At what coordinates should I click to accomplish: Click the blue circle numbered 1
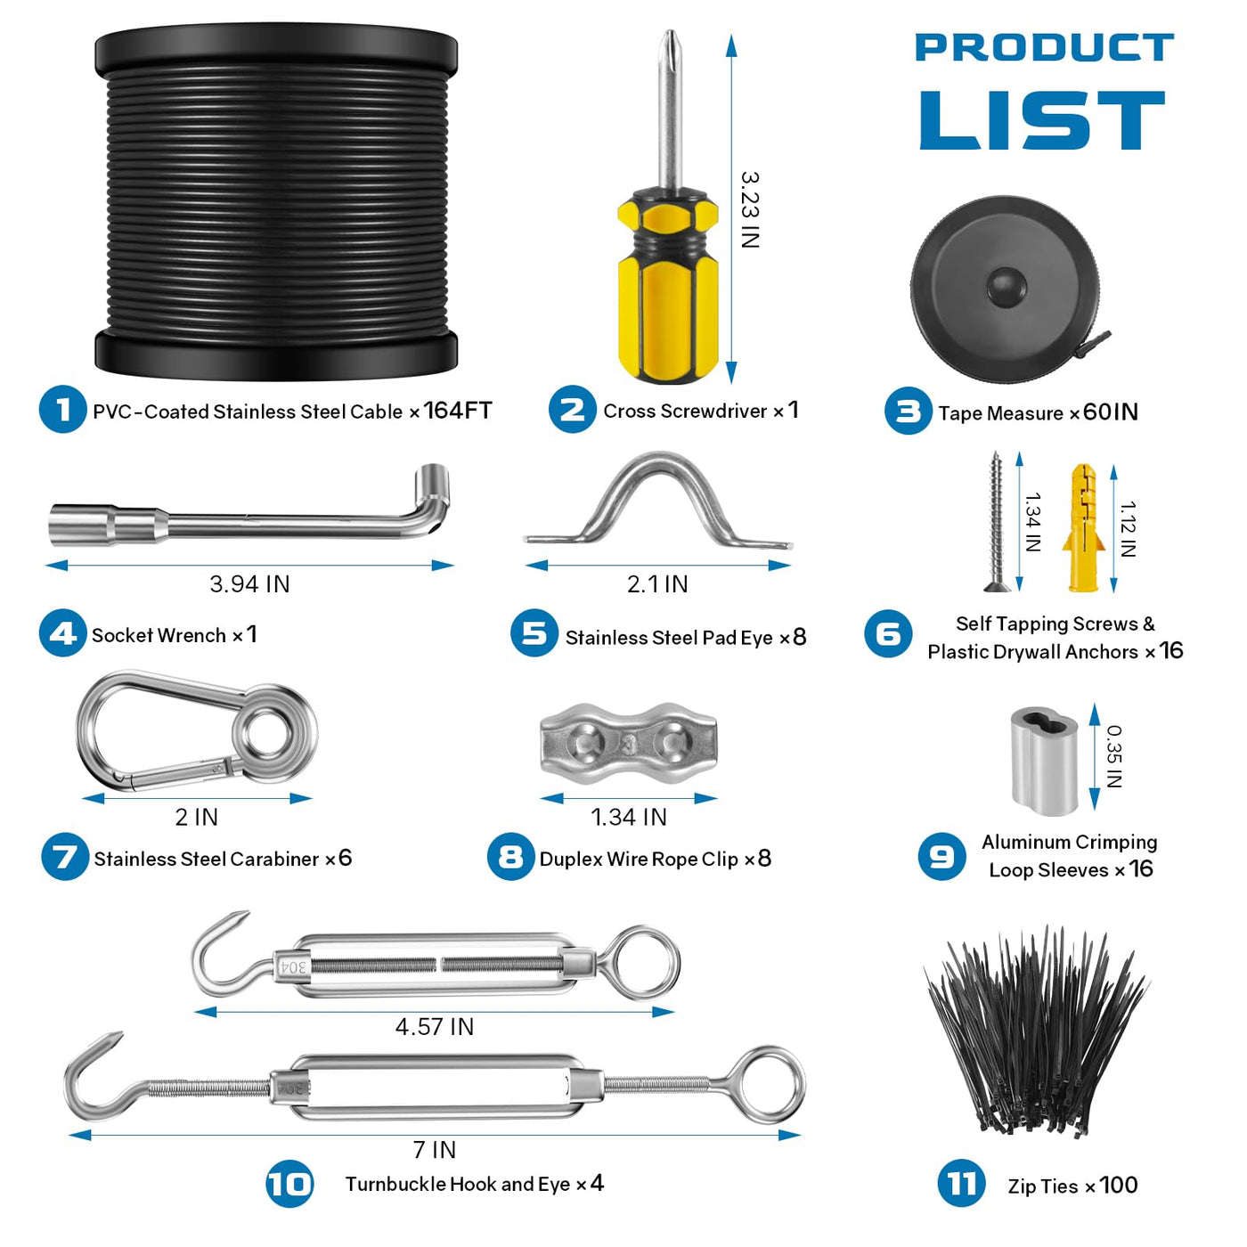(x=62, y=409)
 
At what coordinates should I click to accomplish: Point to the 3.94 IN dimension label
(x=249, y=584)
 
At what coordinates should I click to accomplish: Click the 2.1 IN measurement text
(x=657, y=584)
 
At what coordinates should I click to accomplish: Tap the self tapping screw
(x=995, y=522)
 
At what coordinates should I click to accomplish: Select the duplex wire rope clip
(x=628, y=744)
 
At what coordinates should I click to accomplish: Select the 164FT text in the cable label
(x=458, y=411)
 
